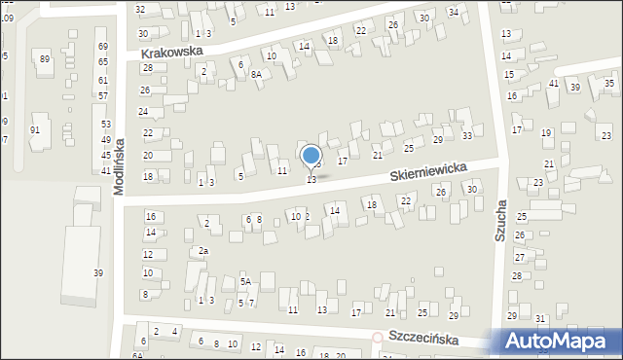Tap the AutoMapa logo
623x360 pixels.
tap(559, 341)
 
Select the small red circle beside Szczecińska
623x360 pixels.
tap(378, 337)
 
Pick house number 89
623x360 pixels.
tap(45, 59)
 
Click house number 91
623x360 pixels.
tap(35, 130)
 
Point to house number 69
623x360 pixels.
tap(102, 47)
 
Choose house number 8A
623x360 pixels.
tap(256, 74)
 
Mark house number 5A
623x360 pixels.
tap(246, 282)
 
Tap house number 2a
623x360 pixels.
tap(202, 251)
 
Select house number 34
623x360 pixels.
tap(453, 12)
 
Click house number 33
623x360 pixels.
tap(466, 135)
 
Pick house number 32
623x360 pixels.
tap(140, 9)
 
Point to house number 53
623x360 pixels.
tap(105, 125)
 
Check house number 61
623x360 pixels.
tap(102, 80)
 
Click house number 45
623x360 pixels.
tap(105, 156)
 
